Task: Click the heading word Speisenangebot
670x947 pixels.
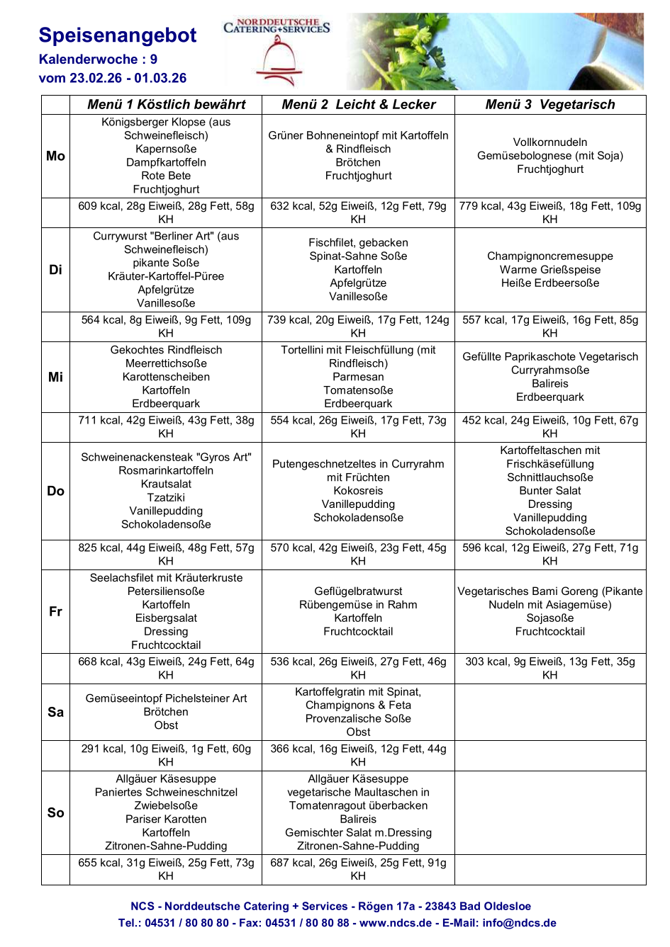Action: [x=118, y=35]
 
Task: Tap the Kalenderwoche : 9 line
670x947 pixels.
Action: [x=98, y=59]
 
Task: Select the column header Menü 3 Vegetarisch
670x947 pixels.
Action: [x=550, y=105]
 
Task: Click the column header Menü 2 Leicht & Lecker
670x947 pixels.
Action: [x=358, y=105]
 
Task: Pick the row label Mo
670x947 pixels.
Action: [x=55, y=156]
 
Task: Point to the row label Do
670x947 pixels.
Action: [x=55, y=491]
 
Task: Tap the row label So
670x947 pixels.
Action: [x=55, y=812]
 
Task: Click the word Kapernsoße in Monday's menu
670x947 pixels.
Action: [x=166, y=149]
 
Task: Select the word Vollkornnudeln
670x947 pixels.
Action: [x=550, y=142]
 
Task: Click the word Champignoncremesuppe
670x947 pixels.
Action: [x=550, y=256]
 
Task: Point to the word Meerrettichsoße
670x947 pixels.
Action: [x=166, y=363]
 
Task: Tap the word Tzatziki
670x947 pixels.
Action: [x=166, y=497]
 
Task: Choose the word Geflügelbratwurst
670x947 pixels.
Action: [x=358, y=591]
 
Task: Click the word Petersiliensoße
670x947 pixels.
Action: [x=166, y=591]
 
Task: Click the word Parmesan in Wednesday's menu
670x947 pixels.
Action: [x=358, y=377]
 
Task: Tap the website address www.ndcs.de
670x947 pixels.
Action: [x=395, y=923]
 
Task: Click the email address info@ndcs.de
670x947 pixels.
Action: [x=519, y=923]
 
